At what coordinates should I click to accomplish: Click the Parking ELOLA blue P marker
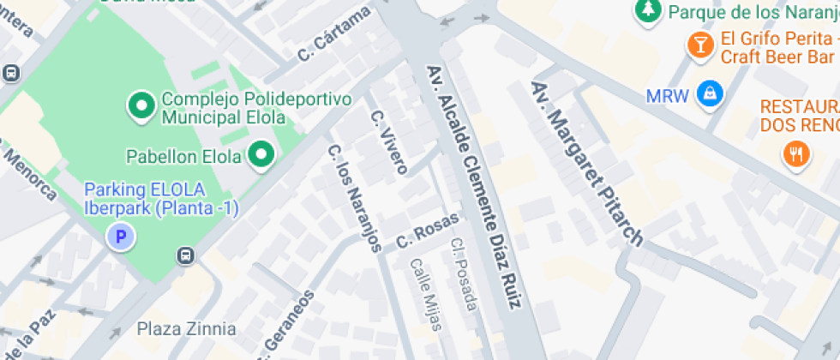[x=122, y=237]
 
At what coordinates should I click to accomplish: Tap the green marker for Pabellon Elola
[x=262, y=155]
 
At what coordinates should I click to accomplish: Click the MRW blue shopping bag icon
[x=709, y=94]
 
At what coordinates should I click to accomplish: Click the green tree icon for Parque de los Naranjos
[x=647, y=11]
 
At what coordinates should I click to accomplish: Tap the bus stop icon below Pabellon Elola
[x=184, y=255]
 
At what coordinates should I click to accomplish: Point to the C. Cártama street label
[x=334, y=34]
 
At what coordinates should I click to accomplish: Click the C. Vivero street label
[x=388, y=141]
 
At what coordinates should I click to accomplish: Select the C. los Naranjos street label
[x=354, y=197]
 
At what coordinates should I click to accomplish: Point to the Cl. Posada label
[x=464, y=273]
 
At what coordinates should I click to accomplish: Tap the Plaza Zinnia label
[x=187, y=328]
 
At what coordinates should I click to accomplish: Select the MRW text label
[x=668, y=95]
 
